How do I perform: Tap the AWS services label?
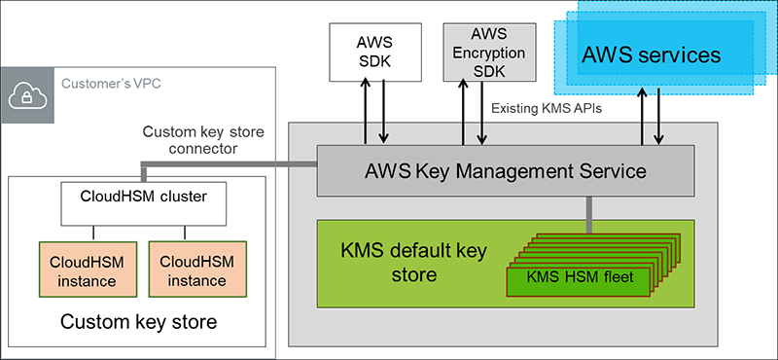click(x=651, y=54)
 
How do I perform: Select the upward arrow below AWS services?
click(x=641, y=118)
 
